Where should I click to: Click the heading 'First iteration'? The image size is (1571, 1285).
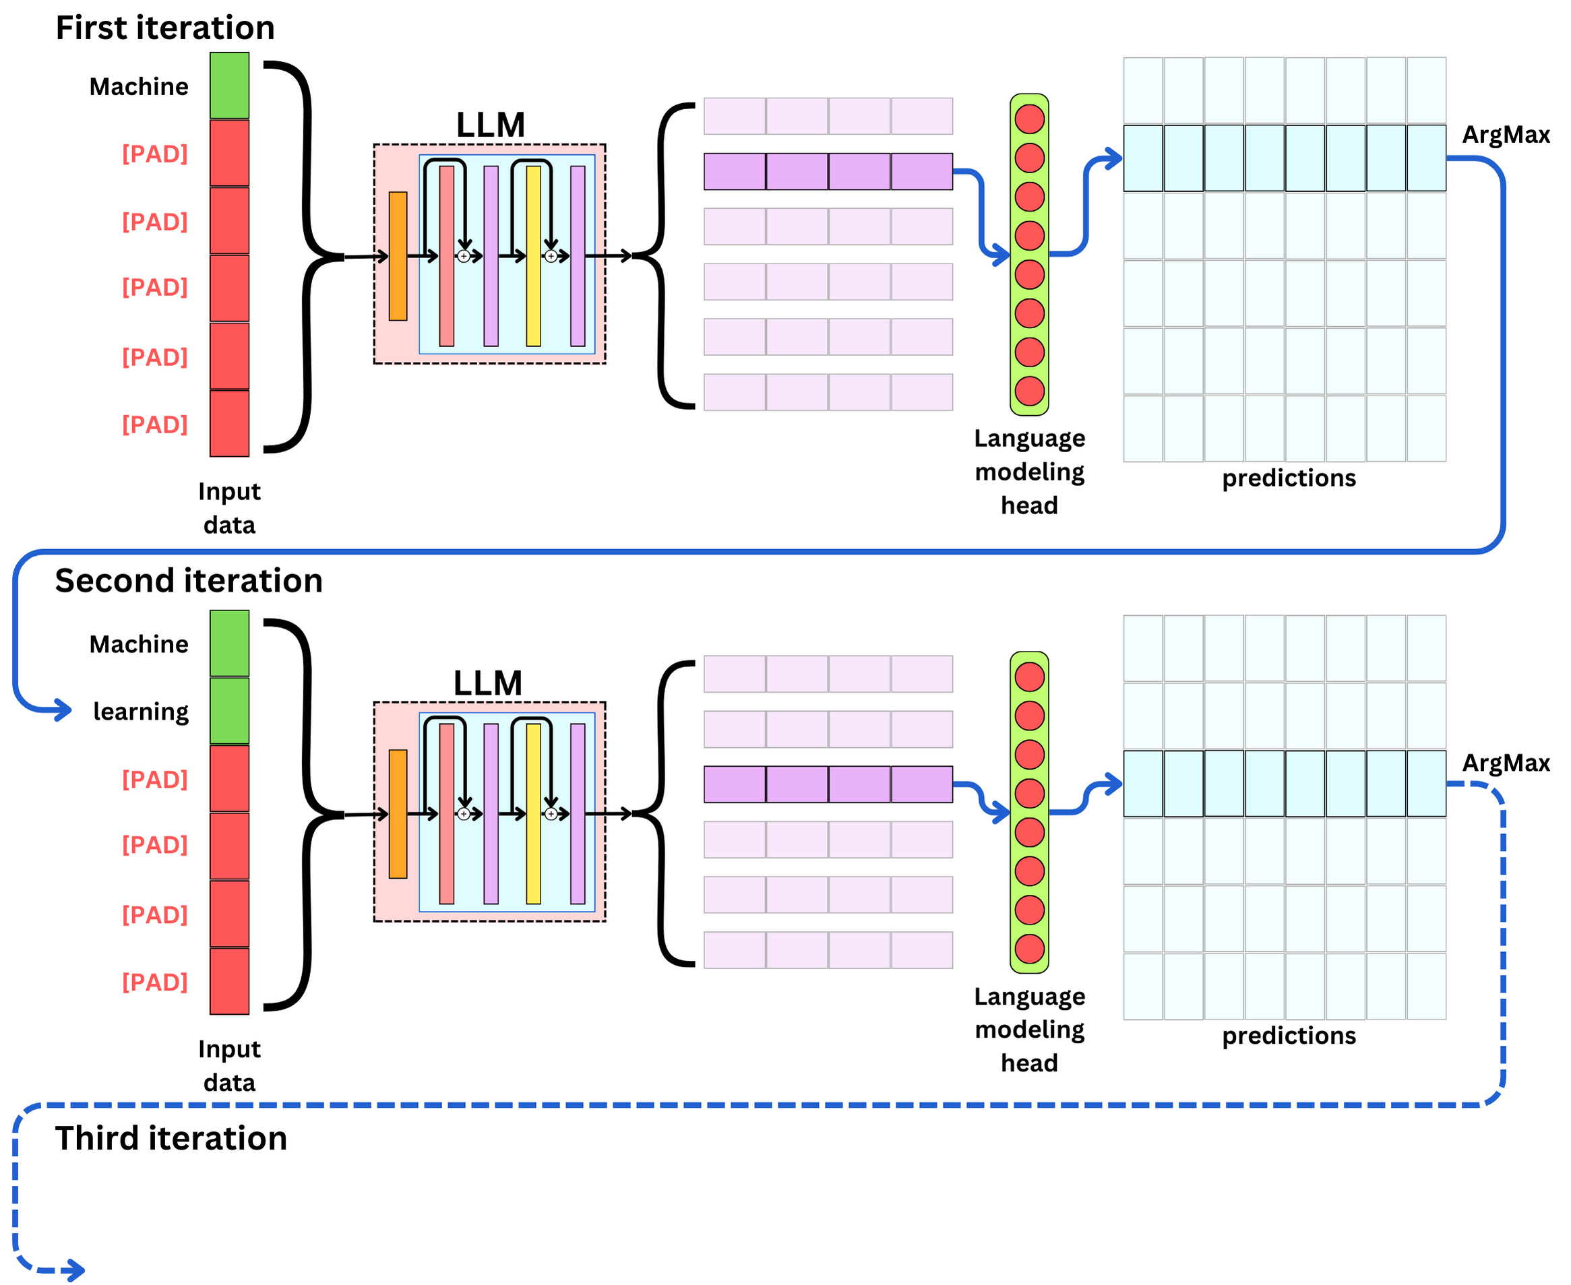(x=165, y=28)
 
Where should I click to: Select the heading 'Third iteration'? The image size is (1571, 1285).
(x=171, y=1138)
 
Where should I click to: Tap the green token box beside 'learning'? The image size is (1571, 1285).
(x=230, y=712)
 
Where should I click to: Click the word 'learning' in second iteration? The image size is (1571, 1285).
(x=141, y=712)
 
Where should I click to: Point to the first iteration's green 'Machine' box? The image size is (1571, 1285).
(x=230, y=86)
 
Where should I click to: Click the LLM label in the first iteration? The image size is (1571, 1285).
(x=490, y=125)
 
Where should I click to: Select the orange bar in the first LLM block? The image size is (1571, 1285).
(x=398, y=256)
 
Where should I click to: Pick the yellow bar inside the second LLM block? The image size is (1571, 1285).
(x=534, y=813)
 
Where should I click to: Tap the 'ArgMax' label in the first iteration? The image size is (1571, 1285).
(x=1506, y=135)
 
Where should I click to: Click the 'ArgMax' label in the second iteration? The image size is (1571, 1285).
(x=1506, y=763)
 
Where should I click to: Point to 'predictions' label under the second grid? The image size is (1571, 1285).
(x=1289, y=1036)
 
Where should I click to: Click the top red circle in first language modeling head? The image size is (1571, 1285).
(x=1030, y=119)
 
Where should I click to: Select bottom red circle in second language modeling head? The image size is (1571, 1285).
(x=1030, y=949)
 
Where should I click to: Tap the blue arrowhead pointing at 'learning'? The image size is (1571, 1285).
(x=65, y=711)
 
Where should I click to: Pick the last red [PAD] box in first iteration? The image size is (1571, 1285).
(x=230, y=423)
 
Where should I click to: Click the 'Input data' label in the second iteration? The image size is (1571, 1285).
(x=230, y=1066)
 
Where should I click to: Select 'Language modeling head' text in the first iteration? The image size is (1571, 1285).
(x=1030, y=472)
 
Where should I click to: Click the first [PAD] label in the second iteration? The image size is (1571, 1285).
(x=155, y=780)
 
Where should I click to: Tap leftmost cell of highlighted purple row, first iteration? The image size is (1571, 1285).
(x=735, y=172)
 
